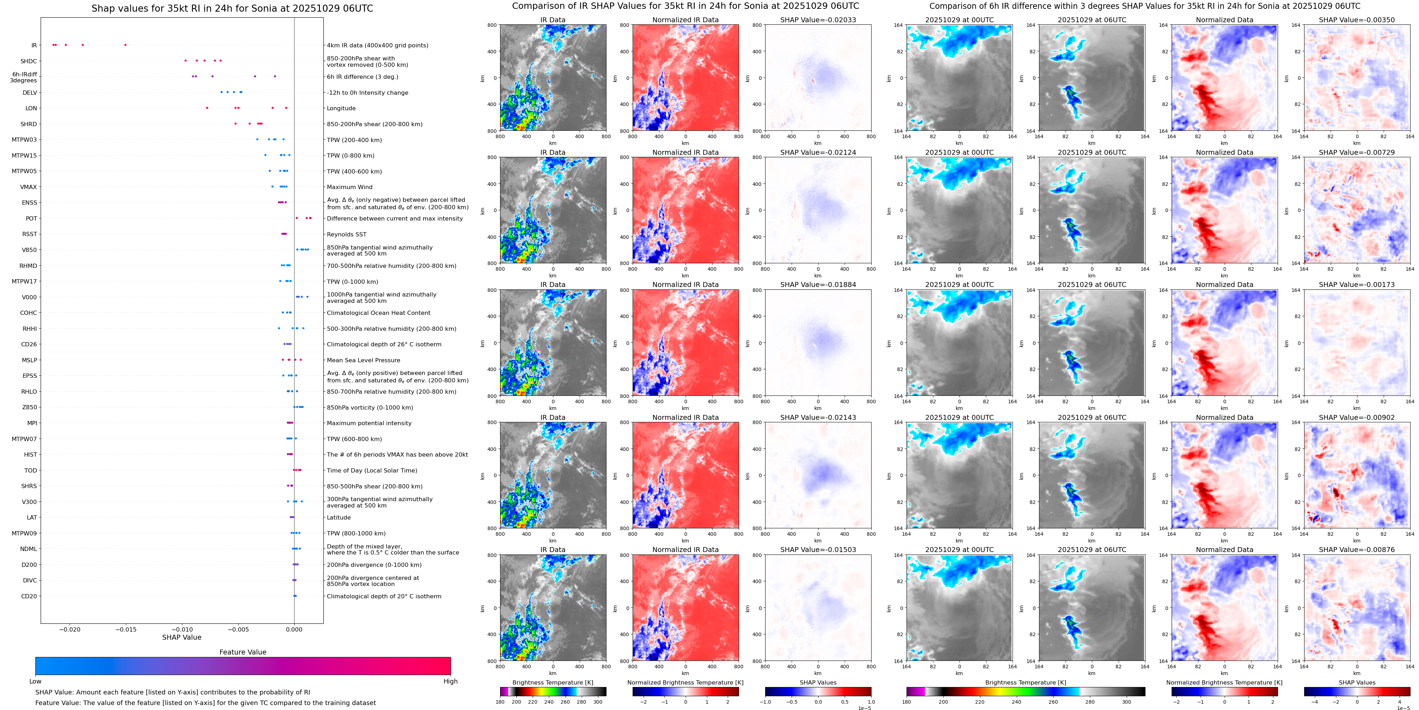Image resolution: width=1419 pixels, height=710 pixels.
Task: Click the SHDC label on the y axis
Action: (29, 61)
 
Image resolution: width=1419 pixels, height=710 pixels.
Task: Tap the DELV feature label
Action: (30, 93)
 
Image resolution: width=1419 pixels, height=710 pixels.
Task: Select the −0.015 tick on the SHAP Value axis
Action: (125, 629)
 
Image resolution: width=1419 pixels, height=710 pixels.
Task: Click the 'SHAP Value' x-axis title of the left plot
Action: (182, 637)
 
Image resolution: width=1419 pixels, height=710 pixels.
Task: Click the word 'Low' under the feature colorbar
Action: (35, 681)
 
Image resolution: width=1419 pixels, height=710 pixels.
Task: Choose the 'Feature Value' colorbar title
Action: (242, 652)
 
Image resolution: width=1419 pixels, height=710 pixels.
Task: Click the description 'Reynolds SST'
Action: (346, 234)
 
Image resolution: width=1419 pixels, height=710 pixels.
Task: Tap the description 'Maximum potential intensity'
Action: (369, 423)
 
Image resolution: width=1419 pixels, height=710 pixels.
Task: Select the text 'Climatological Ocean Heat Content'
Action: (379, 313)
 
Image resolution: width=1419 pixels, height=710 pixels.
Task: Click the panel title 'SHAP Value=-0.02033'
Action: (818, 20)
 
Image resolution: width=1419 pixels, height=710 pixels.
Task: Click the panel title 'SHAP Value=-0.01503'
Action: (818, 550)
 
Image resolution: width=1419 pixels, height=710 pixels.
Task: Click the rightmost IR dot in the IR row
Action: (125, 45)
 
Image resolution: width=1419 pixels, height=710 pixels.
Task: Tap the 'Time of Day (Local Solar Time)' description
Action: (372, 470)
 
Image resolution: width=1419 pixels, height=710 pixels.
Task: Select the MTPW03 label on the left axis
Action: (24, 140)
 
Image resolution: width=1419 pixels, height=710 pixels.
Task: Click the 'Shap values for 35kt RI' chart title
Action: (232, 8)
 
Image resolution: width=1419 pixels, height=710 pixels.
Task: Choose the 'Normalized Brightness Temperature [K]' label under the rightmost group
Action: (1224, 682)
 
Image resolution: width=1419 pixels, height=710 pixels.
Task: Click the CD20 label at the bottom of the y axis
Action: (29, 596)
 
